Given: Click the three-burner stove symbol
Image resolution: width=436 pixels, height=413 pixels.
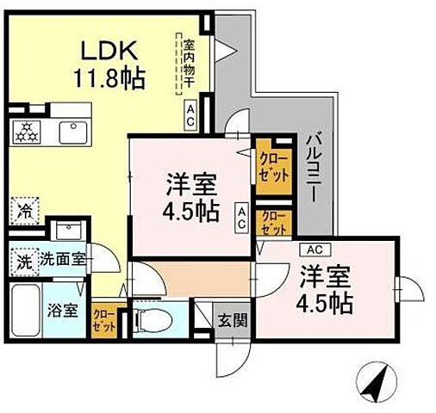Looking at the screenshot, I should pos(27,133).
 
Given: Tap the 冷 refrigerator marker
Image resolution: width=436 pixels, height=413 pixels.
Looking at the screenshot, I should pos(25,209).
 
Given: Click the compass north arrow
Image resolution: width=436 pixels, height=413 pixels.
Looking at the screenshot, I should pos(377,379).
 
